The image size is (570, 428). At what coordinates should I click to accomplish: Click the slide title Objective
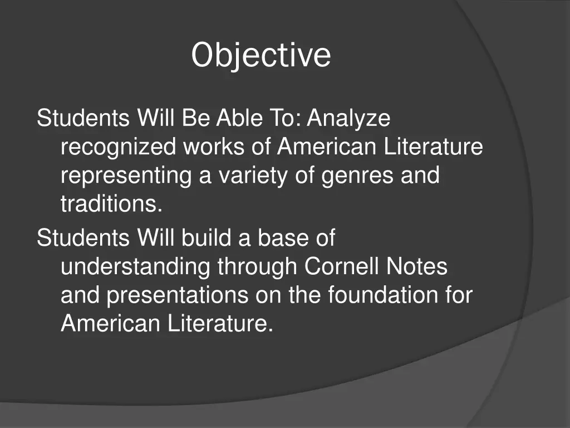[261, 55]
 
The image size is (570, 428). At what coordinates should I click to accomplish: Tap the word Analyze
[349, 118]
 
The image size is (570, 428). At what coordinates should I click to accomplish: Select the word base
[285, 238]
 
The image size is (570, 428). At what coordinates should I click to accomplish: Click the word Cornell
[341, 267]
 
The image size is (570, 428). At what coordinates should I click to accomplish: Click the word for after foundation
[459, 295]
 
